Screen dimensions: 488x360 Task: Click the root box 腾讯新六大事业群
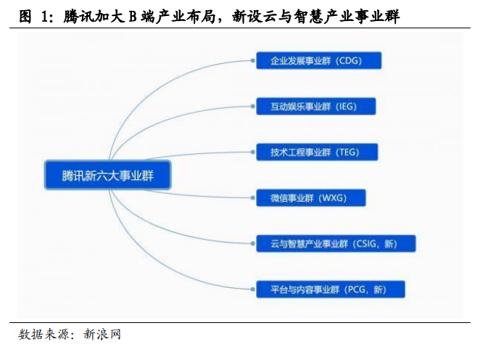[x=108, y=175]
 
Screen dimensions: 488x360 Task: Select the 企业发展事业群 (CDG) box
[x=319, y=60]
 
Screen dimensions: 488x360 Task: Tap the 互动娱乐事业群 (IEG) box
[x=316, y=107]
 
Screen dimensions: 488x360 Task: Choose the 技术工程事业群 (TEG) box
[x=317, y=152]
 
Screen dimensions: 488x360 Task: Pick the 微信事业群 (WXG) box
[x=311, y=197]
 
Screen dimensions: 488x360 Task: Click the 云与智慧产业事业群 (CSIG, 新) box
[x=336, y=244]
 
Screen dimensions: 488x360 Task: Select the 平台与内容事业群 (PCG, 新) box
[x=331, y=290]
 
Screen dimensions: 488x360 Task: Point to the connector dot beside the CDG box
[x=253, y=60]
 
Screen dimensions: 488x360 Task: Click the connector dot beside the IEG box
[x=253, y=107]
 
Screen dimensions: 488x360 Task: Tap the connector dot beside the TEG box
[x=253, y=152]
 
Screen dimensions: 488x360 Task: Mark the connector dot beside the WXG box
[x=253, y=197]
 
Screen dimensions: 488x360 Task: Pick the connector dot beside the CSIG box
[x=253, y=244]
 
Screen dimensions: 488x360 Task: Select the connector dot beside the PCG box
[x=253, y=290]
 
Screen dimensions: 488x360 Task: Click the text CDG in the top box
[x=349, y=60]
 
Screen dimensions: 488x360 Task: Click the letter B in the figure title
[x=133, y=17]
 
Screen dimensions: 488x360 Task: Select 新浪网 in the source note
[x=102, y=334]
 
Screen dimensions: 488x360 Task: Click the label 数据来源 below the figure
[x=44, y=334]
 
